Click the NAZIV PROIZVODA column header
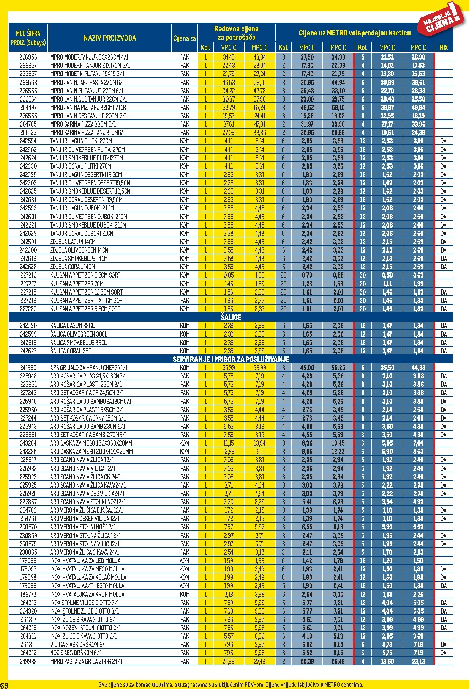point(109,38)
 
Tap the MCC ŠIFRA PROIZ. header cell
point(28,38)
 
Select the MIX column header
point(443,48)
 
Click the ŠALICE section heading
point(231,317)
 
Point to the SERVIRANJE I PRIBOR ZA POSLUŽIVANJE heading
point(231,359)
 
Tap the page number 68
point(4,685)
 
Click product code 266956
point(28,57)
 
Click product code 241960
point(28,368)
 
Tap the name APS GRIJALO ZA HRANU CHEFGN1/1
point(89,368)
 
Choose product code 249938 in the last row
point(28,661)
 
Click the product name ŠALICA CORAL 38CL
point(72,351)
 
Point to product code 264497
point(28,108)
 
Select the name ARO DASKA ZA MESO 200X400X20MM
point(91,452)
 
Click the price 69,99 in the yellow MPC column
point(260,368)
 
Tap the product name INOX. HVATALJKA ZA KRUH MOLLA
point(87,594)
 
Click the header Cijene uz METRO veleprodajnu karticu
point(354,33)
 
